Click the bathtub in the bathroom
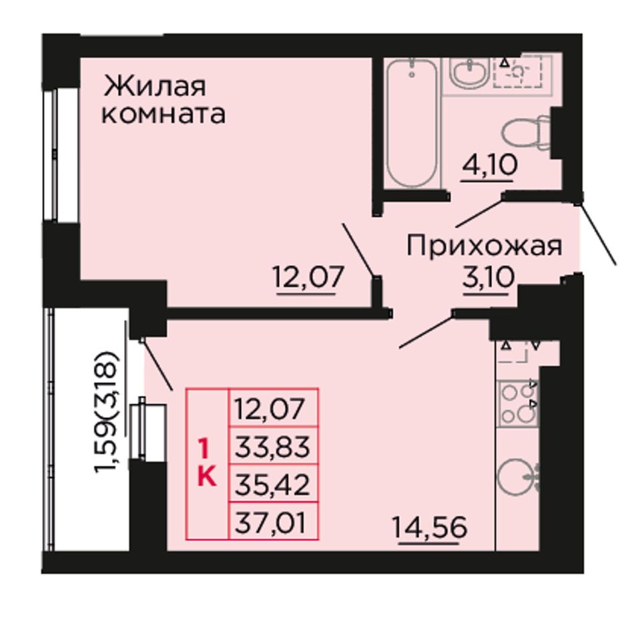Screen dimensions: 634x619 pos(412,123)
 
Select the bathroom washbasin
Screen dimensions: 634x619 pos(470,73)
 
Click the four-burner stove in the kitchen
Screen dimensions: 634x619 pos(519,404)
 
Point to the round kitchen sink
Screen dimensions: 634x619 pos(518,478)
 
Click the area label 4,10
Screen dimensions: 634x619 pos(490,165)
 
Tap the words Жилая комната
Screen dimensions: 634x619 pos(164,100)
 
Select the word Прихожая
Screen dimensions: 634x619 pos(484,246)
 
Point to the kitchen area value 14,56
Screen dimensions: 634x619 pos(430,528)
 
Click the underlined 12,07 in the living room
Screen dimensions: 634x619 pos(308,277)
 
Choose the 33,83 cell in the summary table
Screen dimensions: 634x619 pos(274,445)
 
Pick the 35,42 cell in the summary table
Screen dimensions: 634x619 pos(274,483)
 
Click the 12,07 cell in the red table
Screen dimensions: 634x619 pos(274,408)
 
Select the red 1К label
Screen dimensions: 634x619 pos(208,464)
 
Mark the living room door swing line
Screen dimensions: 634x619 pos(360,250)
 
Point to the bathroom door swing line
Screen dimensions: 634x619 pos(480,211)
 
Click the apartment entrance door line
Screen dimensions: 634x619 pos(598,234)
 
